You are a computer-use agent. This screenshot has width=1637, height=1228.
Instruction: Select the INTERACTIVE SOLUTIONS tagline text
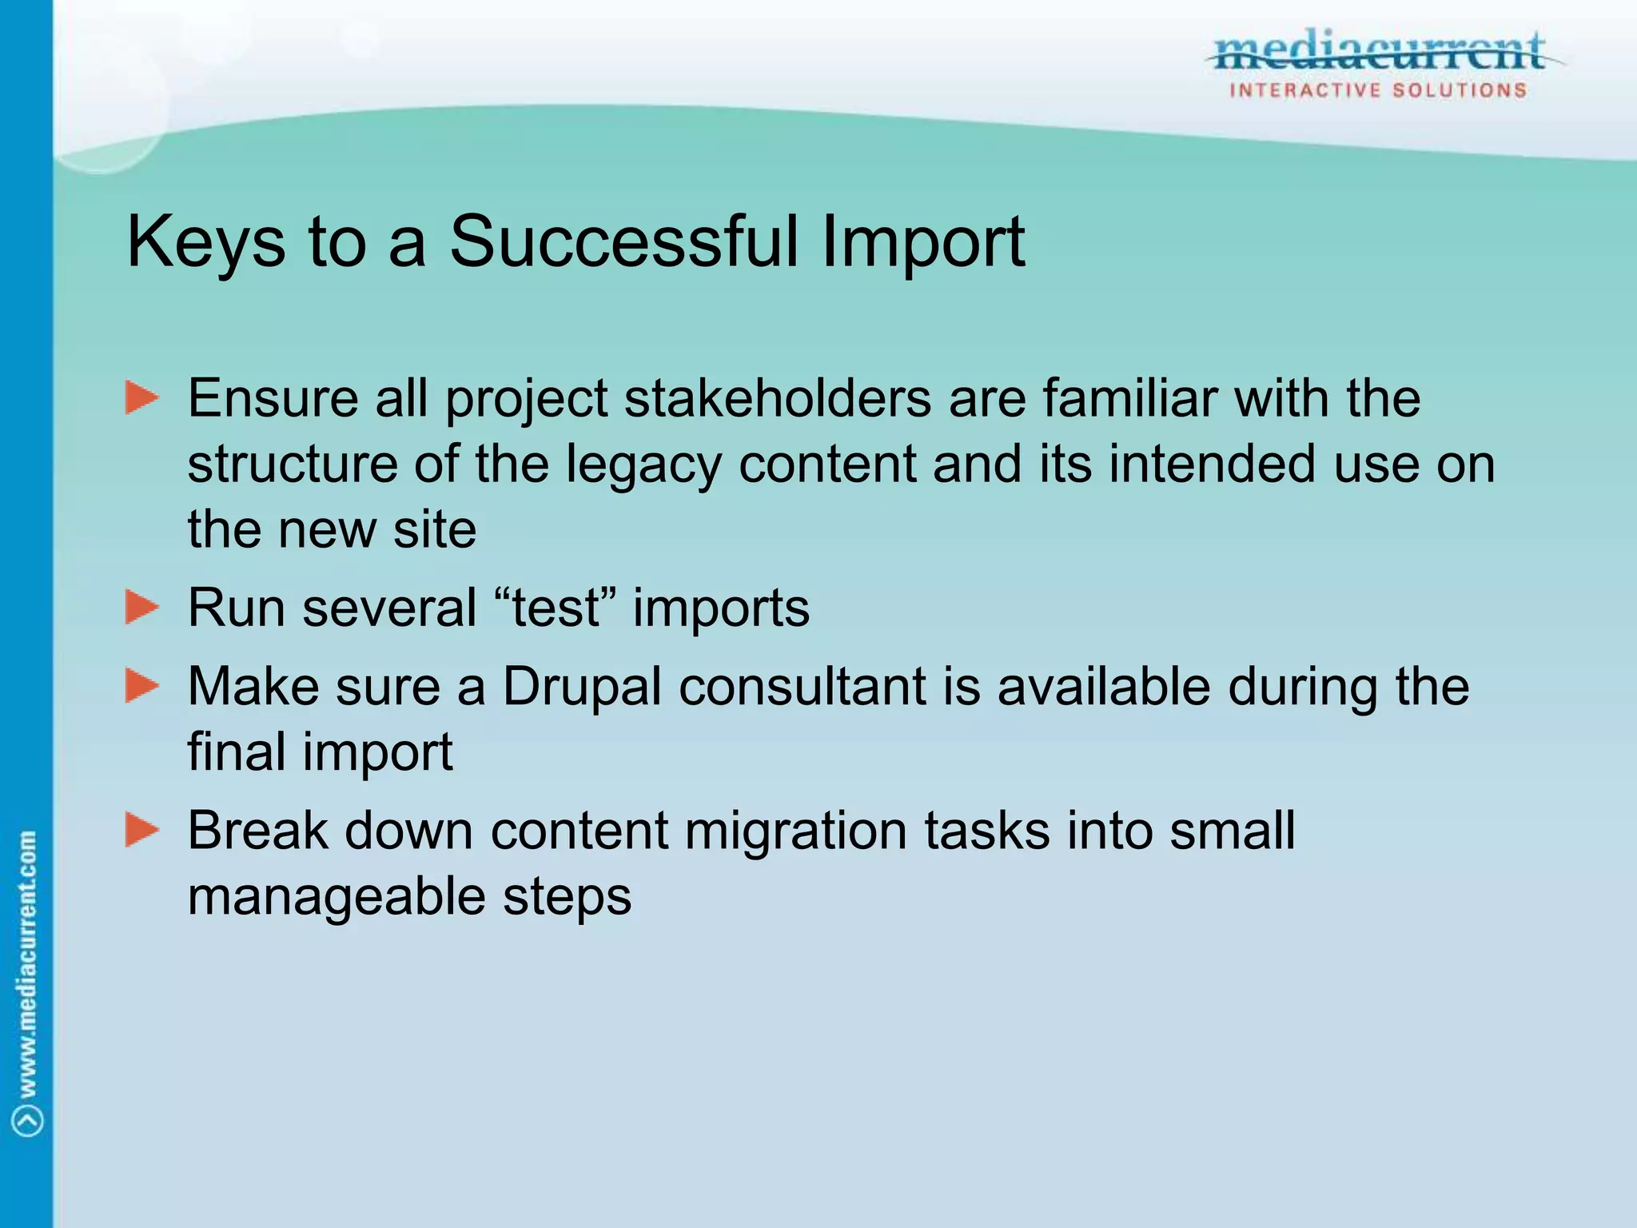point(1378,90)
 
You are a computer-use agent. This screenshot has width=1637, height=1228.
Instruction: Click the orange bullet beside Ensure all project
point(142,398)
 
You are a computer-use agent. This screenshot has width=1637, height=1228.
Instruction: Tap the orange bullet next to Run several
point(142,608)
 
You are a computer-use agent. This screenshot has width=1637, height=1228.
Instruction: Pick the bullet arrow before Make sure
point(142,686)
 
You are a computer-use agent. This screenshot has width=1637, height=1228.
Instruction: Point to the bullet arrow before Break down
point(142,830)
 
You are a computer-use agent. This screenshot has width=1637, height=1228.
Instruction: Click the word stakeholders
point(777,398)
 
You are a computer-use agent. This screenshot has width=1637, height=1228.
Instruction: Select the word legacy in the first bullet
point(643,465)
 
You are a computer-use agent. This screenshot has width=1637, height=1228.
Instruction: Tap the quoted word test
point(556,608)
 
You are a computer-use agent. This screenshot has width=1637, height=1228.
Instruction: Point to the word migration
point(795,831)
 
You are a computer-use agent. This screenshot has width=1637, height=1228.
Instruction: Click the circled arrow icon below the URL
point(29,1120)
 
